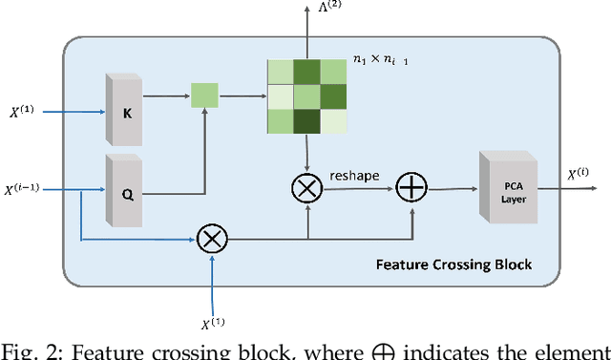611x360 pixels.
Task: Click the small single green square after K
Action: point(204,95)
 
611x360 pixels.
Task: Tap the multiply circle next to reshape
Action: point(307,190)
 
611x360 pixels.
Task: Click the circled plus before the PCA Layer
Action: point(411,189)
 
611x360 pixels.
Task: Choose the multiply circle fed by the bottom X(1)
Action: point(210,239)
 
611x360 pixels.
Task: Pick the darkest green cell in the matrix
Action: point(307,122)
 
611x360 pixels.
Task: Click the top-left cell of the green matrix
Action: point(281,73)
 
